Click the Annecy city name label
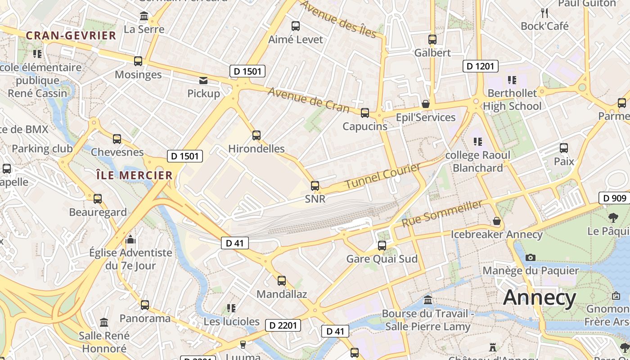(540, 298)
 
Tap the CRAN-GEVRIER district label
(71, 36)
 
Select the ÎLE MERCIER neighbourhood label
(135, 175)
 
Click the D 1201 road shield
(480, 66)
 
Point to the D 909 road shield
(613, 198)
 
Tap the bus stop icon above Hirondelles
(256, 135)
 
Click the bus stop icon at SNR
(315, 185)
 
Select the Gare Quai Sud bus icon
(382, 246)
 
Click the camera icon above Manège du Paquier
(531, 257)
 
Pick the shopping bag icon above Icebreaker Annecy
(497, 221)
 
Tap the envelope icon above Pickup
(203, 81)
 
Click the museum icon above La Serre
(144, 17)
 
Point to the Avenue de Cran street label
(309, 99)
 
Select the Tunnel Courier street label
(383, 176)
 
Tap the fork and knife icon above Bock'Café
(544, 13)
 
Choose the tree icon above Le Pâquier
(613, 218)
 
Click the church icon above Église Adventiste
(130, 239)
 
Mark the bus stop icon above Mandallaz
(282, 281)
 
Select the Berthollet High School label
(512, 99)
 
